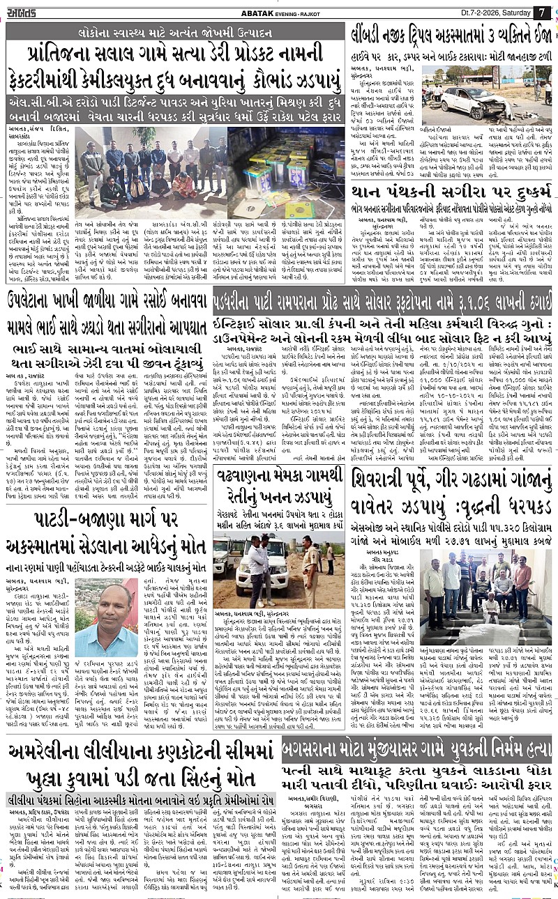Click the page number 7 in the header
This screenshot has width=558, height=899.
point(542,13)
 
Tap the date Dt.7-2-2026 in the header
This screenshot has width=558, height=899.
point(460,12)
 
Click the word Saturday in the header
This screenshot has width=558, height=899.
point(508,12)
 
